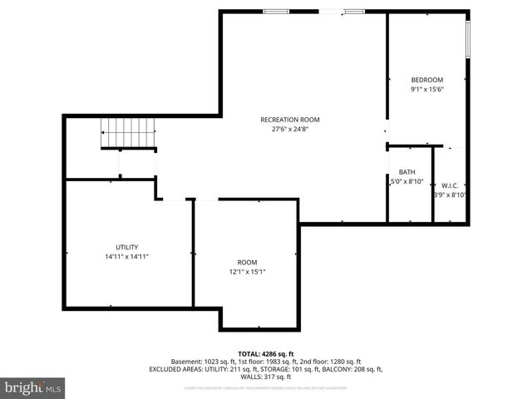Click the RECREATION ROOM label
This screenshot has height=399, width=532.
pos(289,120)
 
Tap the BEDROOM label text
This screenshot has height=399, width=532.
pos(426,80)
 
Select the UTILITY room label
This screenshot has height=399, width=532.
pos(126,247)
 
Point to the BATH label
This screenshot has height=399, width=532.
pos(406,172)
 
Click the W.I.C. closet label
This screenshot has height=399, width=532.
pos(450,185)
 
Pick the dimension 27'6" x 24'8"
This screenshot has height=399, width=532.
pos(289,129)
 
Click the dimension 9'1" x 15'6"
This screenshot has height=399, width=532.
pos(426,89)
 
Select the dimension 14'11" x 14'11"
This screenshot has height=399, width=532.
pos(126,256)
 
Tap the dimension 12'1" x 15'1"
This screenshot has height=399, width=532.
pos(247,271)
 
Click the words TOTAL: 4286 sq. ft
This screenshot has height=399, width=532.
pos(266,353)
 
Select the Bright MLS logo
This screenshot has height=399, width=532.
pos(33,387)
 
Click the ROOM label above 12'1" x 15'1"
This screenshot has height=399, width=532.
pos(247,262)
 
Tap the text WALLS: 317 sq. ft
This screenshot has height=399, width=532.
pos(266,376)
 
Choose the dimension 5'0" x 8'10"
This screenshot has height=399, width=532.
pos(407,181)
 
